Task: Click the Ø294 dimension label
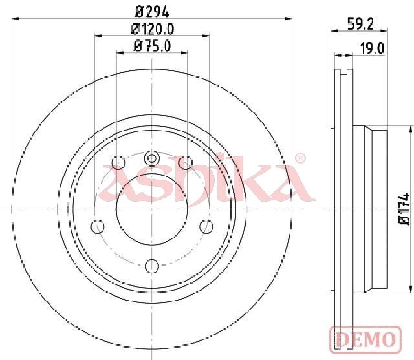[152, 12]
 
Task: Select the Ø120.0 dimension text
[153, 29]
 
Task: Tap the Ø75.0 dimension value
[153, 46]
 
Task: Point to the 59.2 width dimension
[361, 25]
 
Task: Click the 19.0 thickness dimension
[373, 48]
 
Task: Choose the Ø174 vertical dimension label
[404, 209]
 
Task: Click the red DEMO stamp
[365, 339]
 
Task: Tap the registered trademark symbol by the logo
[300, 158]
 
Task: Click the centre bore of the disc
[152, 209]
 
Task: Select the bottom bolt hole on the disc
[152, 266]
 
